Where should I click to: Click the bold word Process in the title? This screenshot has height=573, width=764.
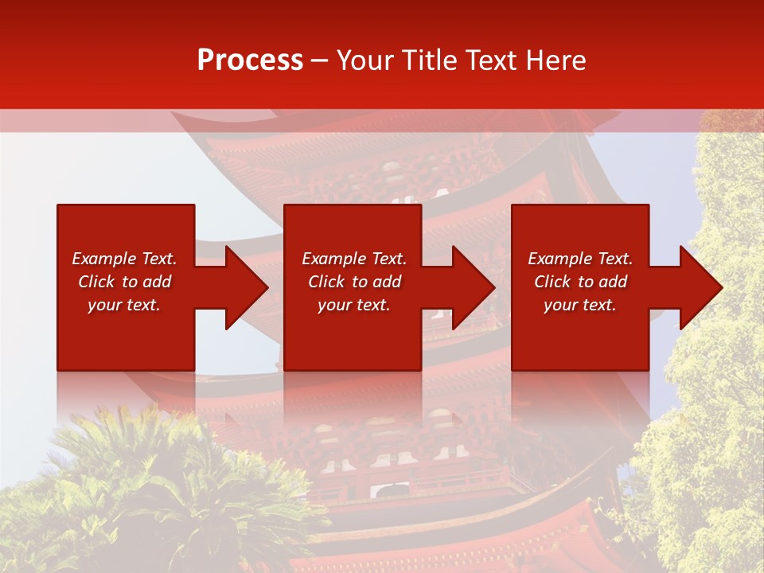[x=250, y=60]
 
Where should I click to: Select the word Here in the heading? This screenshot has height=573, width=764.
[x=558, y=60]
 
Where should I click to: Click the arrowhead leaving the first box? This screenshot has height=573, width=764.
[x=244, y=287]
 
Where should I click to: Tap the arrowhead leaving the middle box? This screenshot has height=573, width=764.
[x=471, y=287]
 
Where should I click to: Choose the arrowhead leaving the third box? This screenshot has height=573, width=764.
[x=699, y=287]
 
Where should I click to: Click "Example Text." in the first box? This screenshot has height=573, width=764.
[x=124, y=259]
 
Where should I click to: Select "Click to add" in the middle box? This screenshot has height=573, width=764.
[x=354, y=282]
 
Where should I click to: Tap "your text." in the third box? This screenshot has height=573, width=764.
[x=579, y=305]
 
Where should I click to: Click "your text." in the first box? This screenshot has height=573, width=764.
[x=124, y=305]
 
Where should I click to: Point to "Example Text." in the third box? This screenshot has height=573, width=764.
[x=580, y=259]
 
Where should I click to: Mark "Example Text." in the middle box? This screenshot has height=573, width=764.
[x=354, y=259]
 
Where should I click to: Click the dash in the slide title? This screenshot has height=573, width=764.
[x=319, y=61]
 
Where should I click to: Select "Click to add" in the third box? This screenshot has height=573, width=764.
[x=580, y=282]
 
